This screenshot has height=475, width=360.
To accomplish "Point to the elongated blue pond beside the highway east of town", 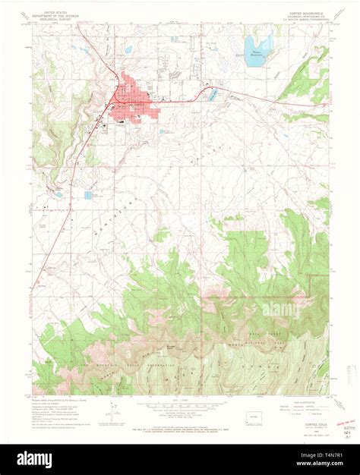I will [x=212, y=94].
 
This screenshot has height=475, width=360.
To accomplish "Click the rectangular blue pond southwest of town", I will [x=88, y=195].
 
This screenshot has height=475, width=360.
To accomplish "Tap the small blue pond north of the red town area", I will [x=128, y=50].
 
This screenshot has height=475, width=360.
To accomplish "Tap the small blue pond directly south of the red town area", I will [x=163, y=131].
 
